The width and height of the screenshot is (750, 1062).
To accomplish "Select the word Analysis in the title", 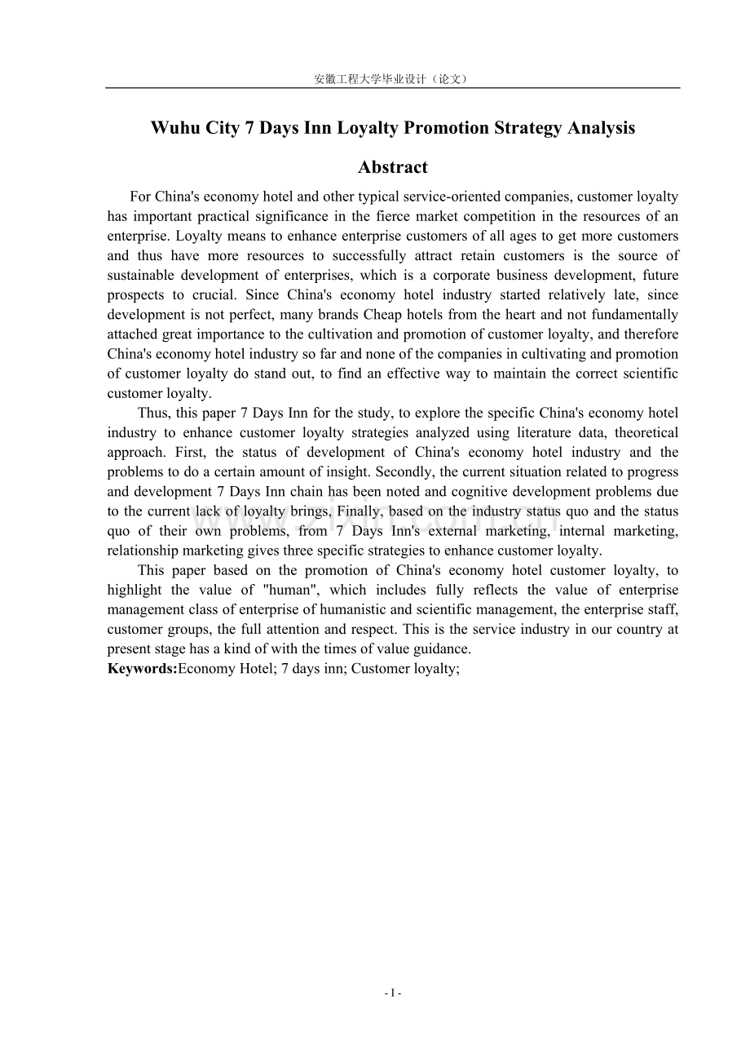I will (x=600, y=128).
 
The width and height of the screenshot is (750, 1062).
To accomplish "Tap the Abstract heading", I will (x=393, y=167).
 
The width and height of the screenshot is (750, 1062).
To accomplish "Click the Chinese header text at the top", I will (x=392, y=79).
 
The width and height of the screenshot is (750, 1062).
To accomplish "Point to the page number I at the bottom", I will (x=393, y=993).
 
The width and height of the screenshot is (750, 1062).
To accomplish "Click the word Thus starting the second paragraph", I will (x=152, y=413).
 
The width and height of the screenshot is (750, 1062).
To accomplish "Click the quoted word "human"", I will (x=289, y=591).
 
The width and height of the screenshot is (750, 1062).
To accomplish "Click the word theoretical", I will (x=640, y=432).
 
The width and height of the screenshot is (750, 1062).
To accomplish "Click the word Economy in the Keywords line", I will (x=204, y=669).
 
